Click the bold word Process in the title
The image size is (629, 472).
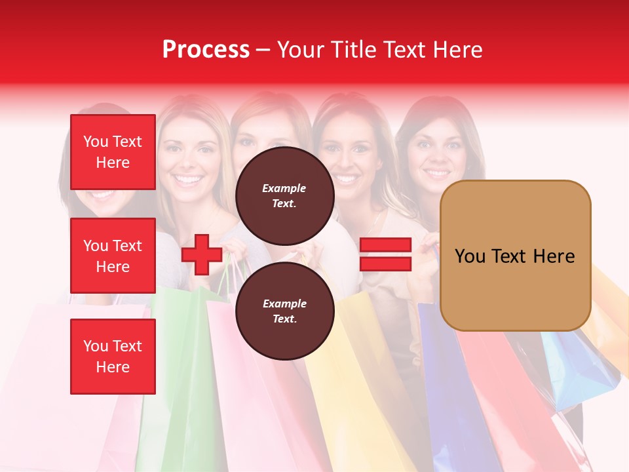coord(206,50)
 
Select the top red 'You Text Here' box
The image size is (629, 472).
coord(113,152)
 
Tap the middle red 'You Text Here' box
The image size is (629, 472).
coord(113,256)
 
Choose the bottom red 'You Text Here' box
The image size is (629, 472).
coord(113,356)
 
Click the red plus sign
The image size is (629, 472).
coord(202,255)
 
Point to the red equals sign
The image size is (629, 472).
coord(385,254)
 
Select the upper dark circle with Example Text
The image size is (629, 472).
coord(284,196)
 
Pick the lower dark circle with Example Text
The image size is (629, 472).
coord(284,311)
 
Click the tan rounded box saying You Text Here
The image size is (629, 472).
coord(515,256)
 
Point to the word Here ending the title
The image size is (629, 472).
coord(459,50)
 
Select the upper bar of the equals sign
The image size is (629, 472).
coord(385,245)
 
